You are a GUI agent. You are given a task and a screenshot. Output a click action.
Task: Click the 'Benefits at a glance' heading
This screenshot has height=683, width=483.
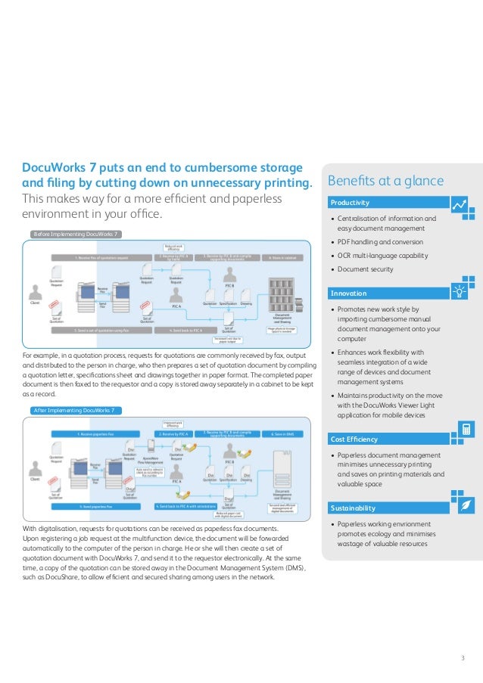click(385, 181)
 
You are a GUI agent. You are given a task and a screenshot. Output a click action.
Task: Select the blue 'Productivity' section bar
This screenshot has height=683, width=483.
click(386, 203)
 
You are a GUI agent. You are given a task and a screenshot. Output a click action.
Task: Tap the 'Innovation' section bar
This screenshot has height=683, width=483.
click(386, 293)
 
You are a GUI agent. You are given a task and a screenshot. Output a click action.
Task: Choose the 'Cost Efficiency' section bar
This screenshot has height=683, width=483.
click(386, 439)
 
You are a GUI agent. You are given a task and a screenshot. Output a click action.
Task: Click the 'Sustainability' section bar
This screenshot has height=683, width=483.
click(386, 508)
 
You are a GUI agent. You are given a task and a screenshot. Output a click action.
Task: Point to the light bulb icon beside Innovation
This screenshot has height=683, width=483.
click(460, 292)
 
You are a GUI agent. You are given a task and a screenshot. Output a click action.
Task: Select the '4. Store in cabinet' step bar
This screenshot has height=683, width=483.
click(281, 257)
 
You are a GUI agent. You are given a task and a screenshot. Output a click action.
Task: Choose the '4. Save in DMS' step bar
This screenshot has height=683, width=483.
click(281, 434)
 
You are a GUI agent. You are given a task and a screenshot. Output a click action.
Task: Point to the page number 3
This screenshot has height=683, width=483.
click(463, 657)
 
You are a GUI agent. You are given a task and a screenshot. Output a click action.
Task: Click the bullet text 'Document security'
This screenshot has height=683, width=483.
click(365, 269)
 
